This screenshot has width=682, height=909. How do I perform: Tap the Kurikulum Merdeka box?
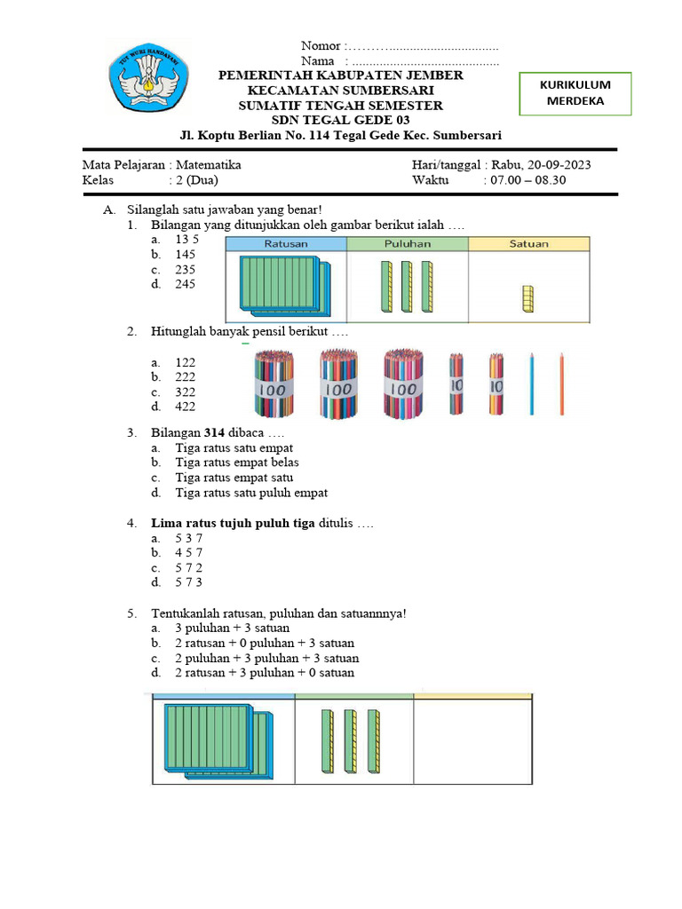(575, 93)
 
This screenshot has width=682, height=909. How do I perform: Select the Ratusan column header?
(286, 243)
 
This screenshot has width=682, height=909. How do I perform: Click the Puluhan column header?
(408, 243)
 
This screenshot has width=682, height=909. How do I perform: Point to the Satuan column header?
(528, 243)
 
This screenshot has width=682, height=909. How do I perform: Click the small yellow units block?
(528, 299)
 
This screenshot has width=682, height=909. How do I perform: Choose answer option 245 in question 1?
(186, 284)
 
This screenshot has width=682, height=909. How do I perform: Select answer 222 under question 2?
(186, 377)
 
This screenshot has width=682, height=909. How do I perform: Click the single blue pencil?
(531, 383)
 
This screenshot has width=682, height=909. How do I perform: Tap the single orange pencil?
(562, 383)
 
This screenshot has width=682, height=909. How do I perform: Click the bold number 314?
(212, 432)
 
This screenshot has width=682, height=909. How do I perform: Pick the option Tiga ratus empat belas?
(237, 462)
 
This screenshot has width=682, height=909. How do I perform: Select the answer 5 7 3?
(188, 582)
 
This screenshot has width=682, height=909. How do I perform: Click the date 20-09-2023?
(559, 165)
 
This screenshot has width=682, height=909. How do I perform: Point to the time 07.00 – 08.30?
(525, 180)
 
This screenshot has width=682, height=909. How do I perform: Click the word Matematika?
(209, 165)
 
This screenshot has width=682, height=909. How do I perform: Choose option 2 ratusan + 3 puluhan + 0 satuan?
(265, 673)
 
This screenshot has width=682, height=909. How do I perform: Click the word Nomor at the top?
(321, 46)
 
